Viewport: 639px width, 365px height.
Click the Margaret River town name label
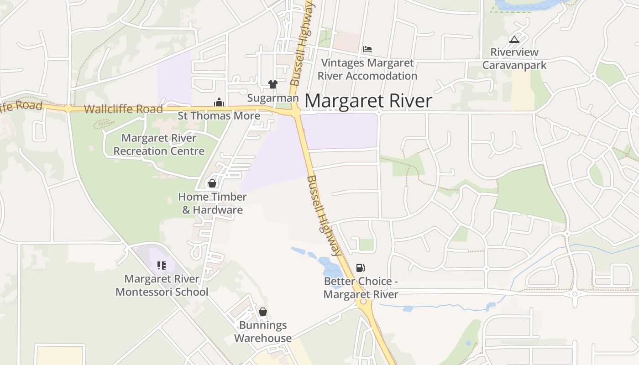[x=368, y=101]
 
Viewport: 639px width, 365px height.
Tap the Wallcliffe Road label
[x=123, y=109]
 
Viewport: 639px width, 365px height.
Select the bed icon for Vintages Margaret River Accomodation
[x=367, y=49]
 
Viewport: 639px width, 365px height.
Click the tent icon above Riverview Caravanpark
[x=514, y=40]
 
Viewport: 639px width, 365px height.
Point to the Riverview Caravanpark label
[x=514, y=59]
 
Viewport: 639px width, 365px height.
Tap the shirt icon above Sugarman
[x=273, y=84]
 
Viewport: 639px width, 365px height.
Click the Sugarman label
[x=273, y=98]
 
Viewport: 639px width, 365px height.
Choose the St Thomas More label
[x=219, y=116]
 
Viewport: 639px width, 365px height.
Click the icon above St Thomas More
[x=219, y=103]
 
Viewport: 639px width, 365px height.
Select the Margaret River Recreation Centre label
[x=159, y=144]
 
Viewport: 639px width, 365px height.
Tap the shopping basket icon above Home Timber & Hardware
[x=212, y=183]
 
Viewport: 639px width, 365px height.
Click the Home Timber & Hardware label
[x=212, y=203]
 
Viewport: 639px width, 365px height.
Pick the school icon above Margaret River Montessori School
[x=162, y=266]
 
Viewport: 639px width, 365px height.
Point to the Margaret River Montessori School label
[x=162, y=285]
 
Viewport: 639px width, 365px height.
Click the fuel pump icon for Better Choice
[x=361, y=268]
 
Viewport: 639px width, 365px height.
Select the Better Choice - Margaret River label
[x=361, y=288]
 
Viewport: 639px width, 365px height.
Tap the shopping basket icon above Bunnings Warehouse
[x=263, y=312]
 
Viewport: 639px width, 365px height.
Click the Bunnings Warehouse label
[x=263, y=332]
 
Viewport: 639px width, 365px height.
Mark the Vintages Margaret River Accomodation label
[x=367, y=69]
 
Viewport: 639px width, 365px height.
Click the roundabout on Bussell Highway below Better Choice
[x=364, y=302]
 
